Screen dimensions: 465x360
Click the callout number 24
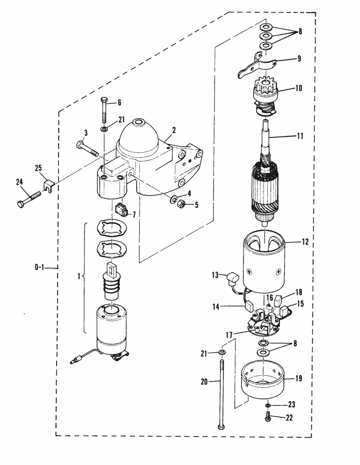pyautogui.click(x=19, y=182)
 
